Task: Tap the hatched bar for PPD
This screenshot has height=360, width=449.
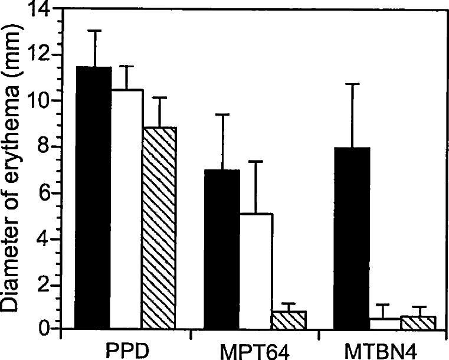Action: pyautogui.click(x=159, y=228)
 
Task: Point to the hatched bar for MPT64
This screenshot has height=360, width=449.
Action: pyautogui.click(x=289, y=319)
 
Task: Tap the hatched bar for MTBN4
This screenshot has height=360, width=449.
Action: pyautogui.click(x=418, y=322)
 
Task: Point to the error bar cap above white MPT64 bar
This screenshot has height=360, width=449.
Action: pyautogui.click(x=255, y=161)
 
